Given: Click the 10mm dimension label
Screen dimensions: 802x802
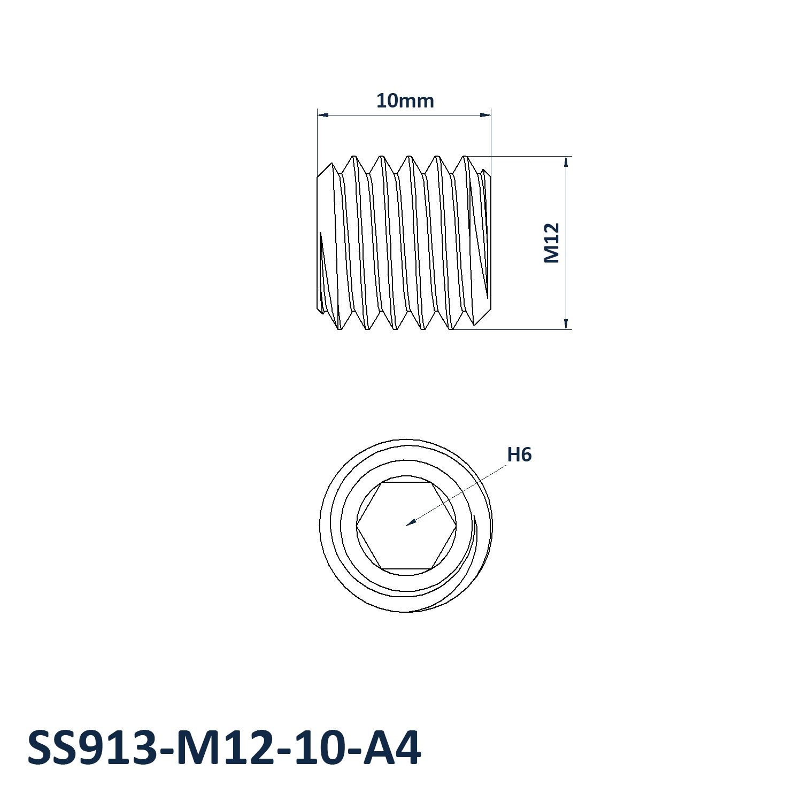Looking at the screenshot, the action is (x=405, y=101).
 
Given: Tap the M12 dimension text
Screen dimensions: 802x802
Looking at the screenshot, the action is (x=551, y=243).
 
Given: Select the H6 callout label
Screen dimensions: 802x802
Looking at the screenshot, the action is (x=519, y=454).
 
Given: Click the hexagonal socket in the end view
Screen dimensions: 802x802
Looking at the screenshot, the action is (x=406, y=526).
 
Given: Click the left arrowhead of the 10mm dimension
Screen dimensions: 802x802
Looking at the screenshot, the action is (x=322, y=114).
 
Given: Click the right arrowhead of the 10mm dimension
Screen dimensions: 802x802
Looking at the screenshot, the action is (x=485, y=114).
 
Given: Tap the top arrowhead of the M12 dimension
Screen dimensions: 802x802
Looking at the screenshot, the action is (x=566, y=161).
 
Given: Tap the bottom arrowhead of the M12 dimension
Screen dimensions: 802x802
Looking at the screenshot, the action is (x=566, y=324).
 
